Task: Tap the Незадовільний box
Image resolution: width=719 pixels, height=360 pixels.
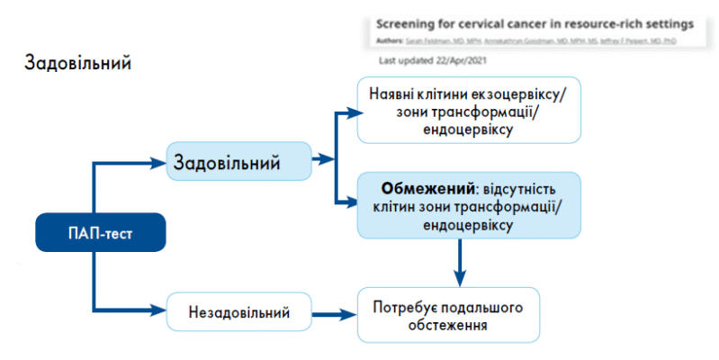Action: (x=238, y=312)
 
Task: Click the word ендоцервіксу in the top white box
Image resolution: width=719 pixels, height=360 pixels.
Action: (x=467, y=130)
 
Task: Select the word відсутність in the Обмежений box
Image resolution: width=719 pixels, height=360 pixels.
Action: (x=519, y=191)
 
